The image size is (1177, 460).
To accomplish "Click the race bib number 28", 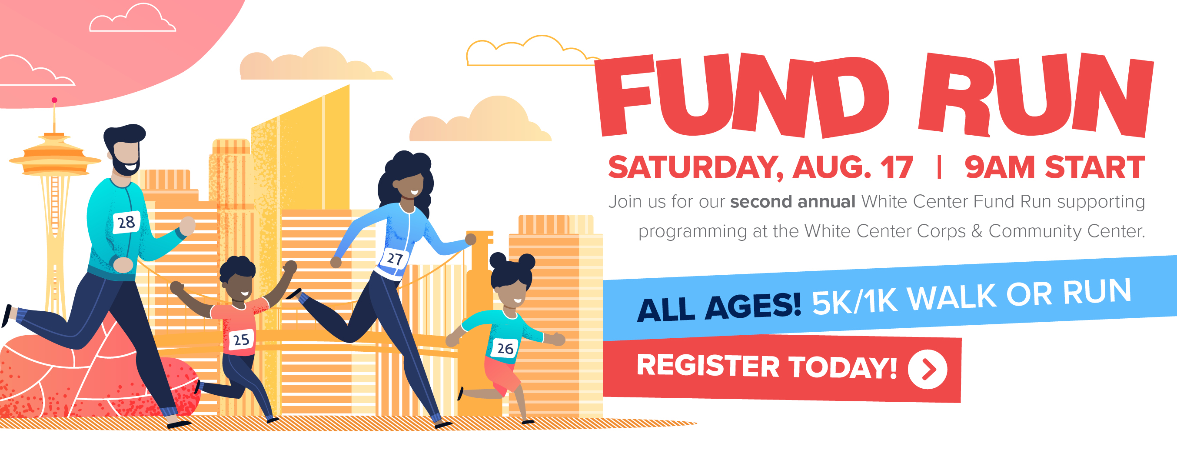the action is (x=126, y=222).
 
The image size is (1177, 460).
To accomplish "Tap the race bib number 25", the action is (x=241, y=340).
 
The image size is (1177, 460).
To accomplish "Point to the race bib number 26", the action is (x=505, y=349).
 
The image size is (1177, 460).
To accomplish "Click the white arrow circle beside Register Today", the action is (x=928, y=370).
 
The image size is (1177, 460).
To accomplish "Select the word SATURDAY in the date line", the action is (x=695, y=168).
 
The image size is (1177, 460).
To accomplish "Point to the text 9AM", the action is (x=1000, y=167).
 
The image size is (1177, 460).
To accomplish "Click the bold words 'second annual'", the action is (x=793, y=202).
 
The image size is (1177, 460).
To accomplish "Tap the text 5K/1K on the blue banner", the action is (x=854, y=301).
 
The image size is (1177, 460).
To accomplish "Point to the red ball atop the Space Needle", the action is (x=54, y=100).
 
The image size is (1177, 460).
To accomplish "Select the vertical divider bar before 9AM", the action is (x=939, y=167).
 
